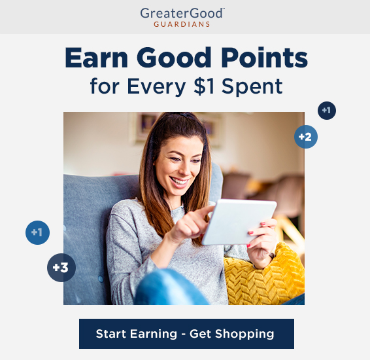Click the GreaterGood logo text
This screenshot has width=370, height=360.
(x=182, y=13)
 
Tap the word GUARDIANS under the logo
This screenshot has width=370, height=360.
(x=182, y=24)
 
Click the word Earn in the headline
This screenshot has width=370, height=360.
(x=96, y=58)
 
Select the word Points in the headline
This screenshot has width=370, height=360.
(x=264, y=58)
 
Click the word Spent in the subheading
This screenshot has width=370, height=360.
(x=252, y=87)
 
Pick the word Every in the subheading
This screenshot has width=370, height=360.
(x=156, y=87)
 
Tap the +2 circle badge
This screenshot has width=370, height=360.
(x=306, y=137)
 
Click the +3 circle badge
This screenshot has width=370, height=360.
(x=61, y=268)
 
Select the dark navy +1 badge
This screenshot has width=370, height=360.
(x=327, y=111)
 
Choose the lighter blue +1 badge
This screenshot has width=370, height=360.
(x=37, y=232)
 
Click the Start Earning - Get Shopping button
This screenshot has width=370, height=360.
(x=186, y=334)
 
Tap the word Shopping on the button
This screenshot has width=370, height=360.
(x=244, y=334)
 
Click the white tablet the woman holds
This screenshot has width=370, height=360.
(x=239, y=222)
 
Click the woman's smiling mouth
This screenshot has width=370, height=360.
(x=179, y=182)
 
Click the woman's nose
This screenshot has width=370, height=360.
(x=184, y=169)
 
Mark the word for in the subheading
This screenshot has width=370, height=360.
(x=105, y=86)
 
